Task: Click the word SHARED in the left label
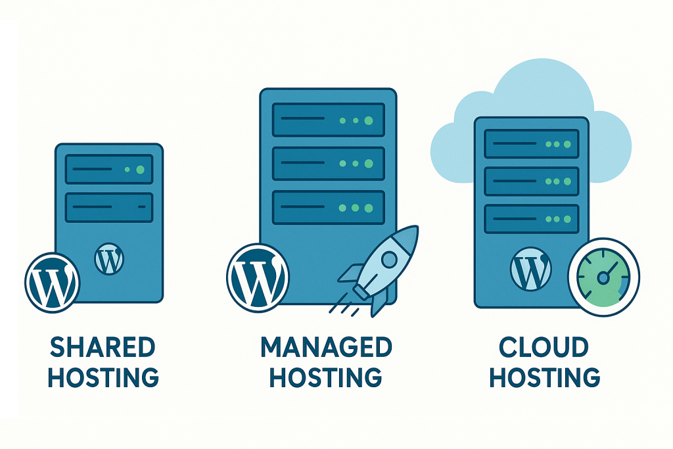pyautogui.click(x=103, y=348)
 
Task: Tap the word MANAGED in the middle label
pyautogui.click(x=327, y=348)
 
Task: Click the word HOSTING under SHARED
pyautogui.click(x=104, y=378)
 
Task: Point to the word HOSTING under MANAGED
pyautogui.click(x=327, y=378)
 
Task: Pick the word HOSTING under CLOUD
pyautogui.click(x=545, y=378)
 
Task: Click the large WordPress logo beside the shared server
pyautogui.click(x=52, y=282)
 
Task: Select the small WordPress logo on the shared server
pyautogui.click(x=109, y=258)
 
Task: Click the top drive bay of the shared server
pyautogui.click(x=109, y=169)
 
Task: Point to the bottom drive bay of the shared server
pyautogui.click(x=109, y=208)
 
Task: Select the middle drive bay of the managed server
pyautogui.click(x=328, y=164)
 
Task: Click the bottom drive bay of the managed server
pyautogui.click(x=328, y=207)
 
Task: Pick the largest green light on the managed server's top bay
pyautogui.click(x=368, y=120)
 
